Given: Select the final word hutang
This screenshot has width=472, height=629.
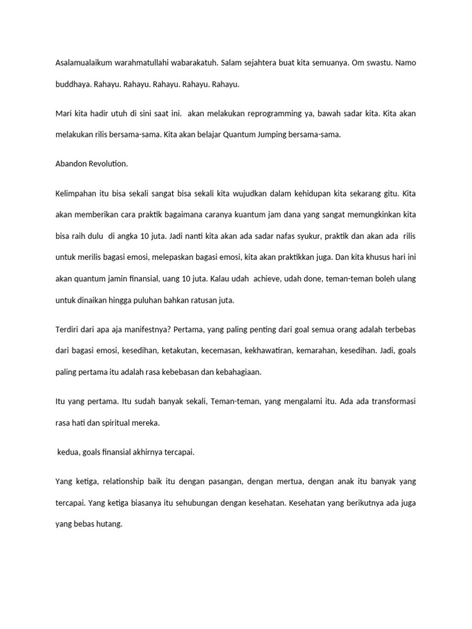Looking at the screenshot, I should pos(109,525).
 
